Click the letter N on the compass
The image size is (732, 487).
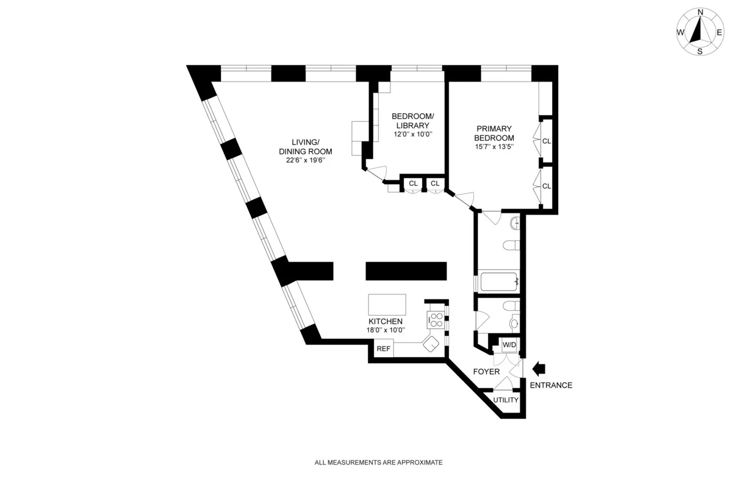[700, 12]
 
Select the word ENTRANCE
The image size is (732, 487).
[551, 385]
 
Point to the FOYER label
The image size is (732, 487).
[486, 371]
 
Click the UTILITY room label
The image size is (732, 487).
[506, 400]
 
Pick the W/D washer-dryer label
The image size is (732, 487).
[509, 345]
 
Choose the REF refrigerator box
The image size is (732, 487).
[383, 349]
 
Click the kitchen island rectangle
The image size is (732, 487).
[387, 304]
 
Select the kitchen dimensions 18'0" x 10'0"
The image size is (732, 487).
[385, 330]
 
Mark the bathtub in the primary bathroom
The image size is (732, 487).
[499, 282]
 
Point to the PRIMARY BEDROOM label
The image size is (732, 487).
[495, 133]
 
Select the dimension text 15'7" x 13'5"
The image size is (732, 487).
[495, 146]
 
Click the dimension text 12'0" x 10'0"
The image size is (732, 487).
[412, 134]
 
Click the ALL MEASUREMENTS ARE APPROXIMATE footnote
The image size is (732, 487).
[378, 463]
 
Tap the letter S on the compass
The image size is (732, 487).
[700, 52]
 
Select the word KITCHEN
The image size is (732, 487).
[385, 321]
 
